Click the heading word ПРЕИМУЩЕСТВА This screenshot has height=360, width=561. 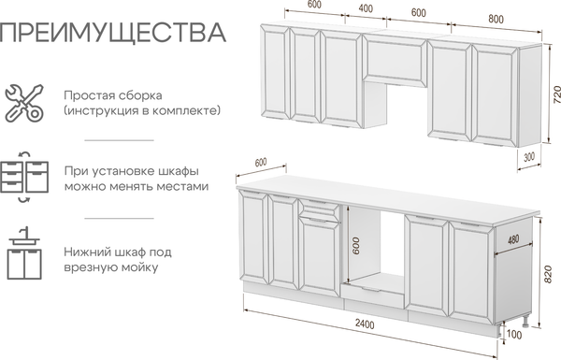point(112,33)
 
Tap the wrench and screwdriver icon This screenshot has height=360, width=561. point(24,103)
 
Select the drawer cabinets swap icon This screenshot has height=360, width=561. point(24,177)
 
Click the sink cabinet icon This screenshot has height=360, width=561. point(24,252)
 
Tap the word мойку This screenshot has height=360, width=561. point(139,267)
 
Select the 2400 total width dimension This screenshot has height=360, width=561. point(365,324)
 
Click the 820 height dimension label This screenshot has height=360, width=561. point(547,274)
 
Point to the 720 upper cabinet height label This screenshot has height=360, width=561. point(556,94)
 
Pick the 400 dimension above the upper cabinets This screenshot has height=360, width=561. point(366,8)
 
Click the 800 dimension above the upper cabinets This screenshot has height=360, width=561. point(496,19)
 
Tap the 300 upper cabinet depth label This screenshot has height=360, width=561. point(529,157)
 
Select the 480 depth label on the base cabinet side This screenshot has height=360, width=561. point(513,238)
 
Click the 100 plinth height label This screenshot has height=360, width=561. point(514,335)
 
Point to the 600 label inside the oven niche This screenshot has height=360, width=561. point(356,246)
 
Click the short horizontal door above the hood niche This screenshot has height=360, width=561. point(396,61)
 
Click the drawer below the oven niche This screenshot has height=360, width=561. point(372,295)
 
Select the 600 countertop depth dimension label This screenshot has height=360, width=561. point(261,162)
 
